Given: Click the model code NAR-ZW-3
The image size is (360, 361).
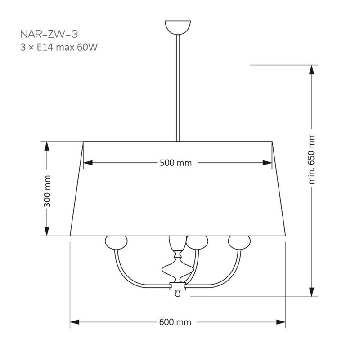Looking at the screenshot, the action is pyautogui.click(x=49, y=34).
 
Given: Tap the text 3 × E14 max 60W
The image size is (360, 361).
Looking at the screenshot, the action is pyautogui.click(x=59, y=47).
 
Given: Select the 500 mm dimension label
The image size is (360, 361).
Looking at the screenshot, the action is pyautogui.click(x=175, y=163).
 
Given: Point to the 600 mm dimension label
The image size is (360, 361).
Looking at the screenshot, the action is pyautogui.click(x=175, y=322).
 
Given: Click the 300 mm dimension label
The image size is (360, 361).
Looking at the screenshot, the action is pyautogui.click(x=47, y=191).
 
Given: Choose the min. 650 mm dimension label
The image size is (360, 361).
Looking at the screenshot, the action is pyautogui.click(x=311, y=158).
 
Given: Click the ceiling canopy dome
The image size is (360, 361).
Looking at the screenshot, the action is pyautogui.click(x=178, y=27).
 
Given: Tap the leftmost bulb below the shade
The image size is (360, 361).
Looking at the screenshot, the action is pyautogui.click(x=116, y=242).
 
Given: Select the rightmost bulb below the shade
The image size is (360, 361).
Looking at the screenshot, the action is pyautogui.click(x=239, y=242).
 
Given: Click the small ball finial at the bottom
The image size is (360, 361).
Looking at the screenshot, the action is pyautogui.click(x=177, y=294).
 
